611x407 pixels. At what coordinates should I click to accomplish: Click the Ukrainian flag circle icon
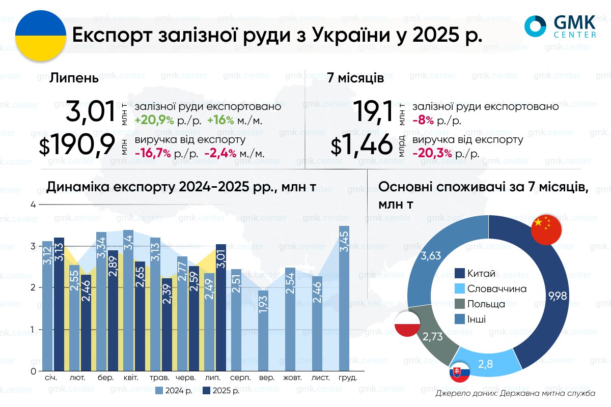pos(41,37)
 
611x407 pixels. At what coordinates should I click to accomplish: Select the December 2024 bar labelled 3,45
pos(345,298)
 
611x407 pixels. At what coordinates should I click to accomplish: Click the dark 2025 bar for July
pos(220,307)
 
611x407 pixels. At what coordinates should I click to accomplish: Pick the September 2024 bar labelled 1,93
pos(263,331)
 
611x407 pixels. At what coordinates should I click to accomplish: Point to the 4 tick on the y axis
pos(33,205)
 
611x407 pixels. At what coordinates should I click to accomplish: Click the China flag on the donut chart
pos(546,229)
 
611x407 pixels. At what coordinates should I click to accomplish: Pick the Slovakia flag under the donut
pos(460,374)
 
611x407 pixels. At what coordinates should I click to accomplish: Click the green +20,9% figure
pos(155,121)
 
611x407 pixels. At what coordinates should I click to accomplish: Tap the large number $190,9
pos(77,147)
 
